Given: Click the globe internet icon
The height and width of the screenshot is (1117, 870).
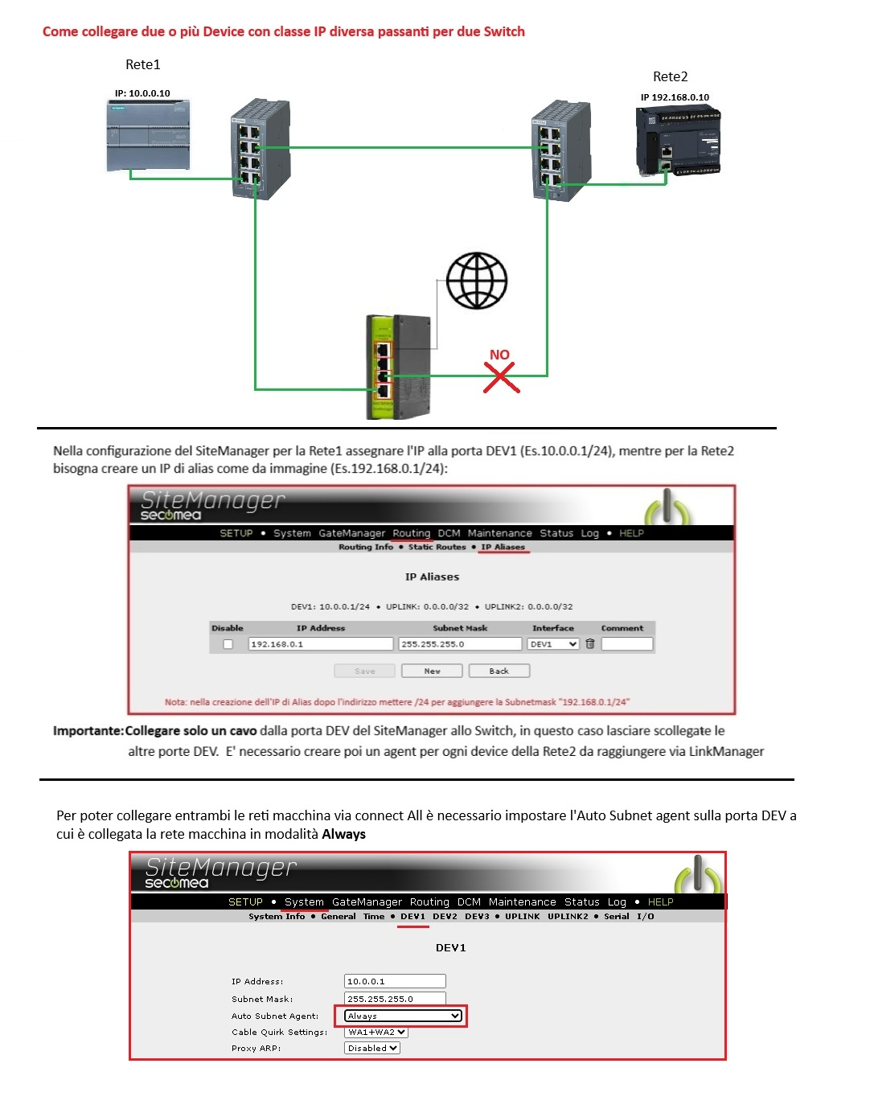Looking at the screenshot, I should tap(477, 281).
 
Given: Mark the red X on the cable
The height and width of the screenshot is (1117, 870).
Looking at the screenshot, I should tap(501, 377).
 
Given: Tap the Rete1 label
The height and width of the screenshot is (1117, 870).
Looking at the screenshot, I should tap(143, 64).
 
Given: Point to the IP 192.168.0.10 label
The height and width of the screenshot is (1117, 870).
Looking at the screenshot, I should tap(675, 97).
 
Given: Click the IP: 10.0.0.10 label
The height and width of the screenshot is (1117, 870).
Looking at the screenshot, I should tap(142, 93).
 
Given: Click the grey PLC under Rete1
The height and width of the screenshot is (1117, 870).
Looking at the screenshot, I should tap(149, 135).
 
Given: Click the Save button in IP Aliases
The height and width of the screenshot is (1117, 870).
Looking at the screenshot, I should tap(365, 671).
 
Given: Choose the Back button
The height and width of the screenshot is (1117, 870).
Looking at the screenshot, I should tap(499, 671).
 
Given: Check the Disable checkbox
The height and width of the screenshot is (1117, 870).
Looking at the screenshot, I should tap(228, 644).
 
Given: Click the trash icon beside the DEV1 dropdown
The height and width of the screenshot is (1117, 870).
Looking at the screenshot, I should tap(590, 644).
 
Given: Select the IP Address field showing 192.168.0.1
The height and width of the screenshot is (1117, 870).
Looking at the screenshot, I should tap(320, 644).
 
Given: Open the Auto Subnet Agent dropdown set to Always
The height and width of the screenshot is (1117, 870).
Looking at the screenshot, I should tap(404, 1016).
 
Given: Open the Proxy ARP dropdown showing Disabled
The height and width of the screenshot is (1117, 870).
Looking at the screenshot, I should tap(372, 1048).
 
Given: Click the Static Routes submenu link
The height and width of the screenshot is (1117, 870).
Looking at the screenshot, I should tap(437, 547).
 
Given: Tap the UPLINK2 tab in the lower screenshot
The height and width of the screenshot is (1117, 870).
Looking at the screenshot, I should tap(568, 916).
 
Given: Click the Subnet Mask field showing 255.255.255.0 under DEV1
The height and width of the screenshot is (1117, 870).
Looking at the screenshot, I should tap(395, 999).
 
